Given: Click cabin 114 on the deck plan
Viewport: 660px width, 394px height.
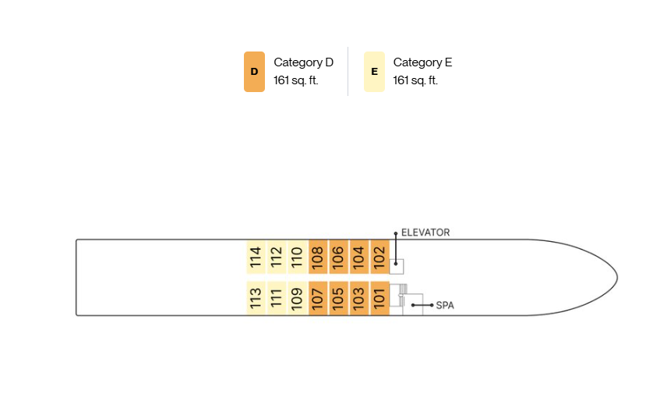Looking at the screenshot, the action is point(256,257).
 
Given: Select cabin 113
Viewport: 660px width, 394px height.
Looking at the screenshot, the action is point(256,298).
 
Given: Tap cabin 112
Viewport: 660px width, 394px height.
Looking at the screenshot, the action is point(277,257).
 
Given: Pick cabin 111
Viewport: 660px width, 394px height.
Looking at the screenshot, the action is point(277,298).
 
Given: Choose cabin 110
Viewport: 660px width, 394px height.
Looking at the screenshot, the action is point(297,257).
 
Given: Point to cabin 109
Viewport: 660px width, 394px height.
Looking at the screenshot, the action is point(297,298).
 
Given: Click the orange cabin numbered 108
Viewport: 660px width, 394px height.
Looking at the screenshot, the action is point(318,257).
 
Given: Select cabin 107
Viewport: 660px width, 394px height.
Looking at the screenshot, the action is point(318,298).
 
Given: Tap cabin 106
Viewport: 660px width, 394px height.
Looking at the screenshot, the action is point(338,257).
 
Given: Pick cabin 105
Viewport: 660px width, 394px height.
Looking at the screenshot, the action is point(338,298).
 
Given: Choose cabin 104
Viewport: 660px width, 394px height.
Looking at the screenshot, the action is point(359,257).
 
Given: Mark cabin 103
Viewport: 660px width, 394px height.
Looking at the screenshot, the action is point(359,298).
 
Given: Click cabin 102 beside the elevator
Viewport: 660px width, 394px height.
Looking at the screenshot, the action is point(379,257).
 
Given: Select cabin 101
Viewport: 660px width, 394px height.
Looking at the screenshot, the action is point(379,298).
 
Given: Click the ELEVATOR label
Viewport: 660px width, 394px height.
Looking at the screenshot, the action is point(425,232).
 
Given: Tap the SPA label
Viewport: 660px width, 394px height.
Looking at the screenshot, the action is point(445,305).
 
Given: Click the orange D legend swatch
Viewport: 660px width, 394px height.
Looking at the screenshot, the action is point(254,72).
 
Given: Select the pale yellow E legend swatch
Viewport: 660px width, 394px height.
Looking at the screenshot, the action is point(374,72).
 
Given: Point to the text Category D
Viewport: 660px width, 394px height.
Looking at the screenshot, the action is point(303,62).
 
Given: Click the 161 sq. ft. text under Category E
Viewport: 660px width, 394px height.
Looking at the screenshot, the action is point(415,80).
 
